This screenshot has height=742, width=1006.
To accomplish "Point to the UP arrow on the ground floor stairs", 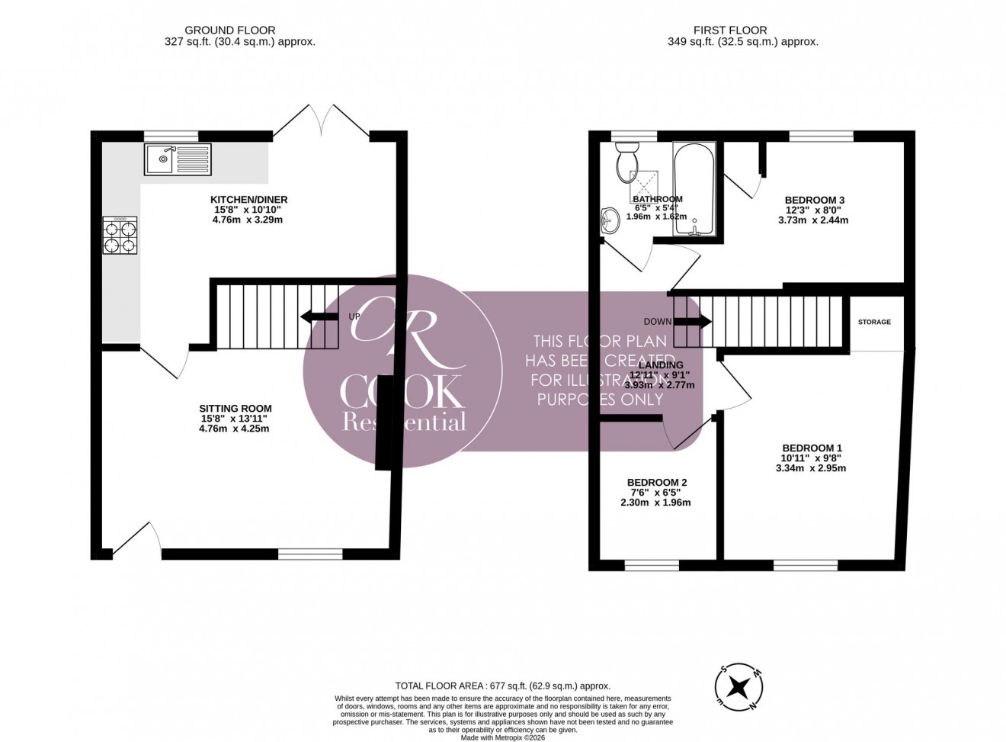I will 319,316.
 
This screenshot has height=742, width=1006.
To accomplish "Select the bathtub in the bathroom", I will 694,189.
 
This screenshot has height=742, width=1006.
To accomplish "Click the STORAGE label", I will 874,322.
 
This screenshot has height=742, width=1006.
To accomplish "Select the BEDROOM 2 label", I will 657,483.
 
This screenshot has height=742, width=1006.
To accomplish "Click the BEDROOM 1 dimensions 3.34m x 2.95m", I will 812,468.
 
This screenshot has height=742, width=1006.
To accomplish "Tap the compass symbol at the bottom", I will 738,687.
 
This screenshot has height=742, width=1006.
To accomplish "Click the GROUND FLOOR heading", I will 240,31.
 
